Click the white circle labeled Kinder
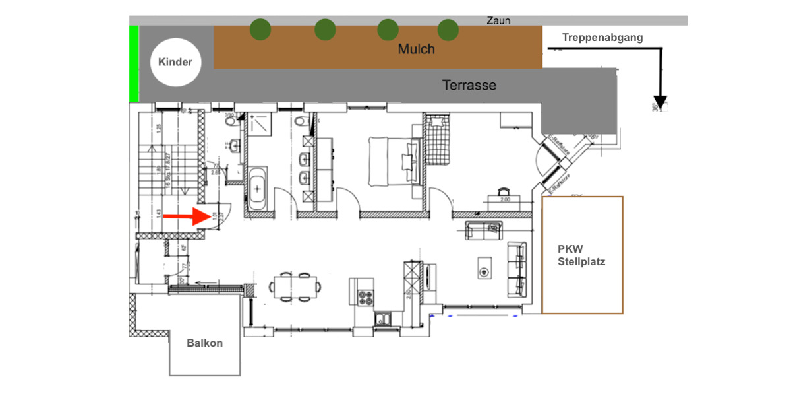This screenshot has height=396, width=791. [175, 62]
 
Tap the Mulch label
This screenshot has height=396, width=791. [416, 49]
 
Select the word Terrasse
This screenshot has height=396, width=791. [469, 86]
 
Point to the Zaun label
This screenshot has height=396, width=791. [498, 20]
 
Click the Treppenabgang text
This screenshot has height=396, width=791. [602, 38]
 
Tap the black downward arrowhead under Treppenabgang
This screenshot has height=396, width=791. [660, 102]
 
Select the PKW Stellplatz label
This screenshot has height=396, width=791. [581, 255]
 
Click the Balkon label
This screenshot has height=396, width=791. [204, 343]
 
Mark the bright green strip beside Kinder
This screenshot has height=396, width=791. [134, 64]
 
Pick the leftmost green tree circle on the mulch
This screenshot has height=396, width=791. [260, 29]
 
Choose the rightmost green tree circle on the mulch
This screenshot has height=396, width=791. [448, 29]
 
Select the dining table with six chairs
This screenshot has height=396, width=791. [296, 285]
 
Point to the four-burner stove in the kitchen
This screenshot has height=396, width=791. [365, 298]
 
